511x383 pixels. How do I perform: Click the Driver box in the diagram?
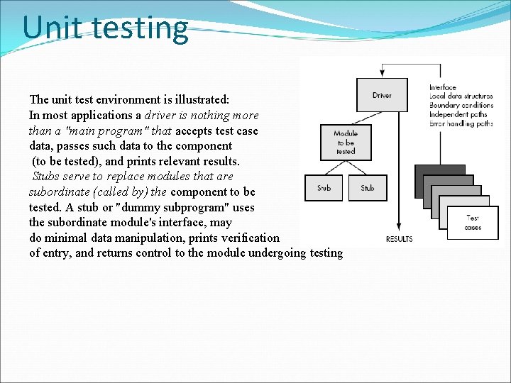coord(382,94)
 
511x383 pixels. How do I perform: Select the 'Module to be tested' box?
coord(346,142)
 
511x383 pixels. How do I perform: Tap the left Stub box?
coord(324,188)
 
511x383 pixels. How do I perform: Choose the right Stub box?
coord(368,188)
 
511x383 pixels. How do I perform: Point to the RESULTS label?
coord(399,239)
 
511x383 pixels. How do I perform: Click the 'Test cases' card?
coord(473,223)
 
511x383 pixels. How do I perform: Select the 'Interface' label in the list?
coord(443,88)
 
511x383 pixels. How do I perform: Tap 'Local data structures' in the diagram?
coord(461,96)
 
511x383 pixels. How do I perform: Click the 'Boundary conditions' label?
coord(461,106)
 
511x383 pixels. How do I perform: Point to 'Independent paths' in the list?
coord(458,115)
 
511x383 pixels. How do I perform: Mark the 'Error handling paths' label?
coord(461,123)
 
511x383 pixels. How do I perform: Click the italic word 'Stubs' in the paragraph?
coord(46,177)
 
